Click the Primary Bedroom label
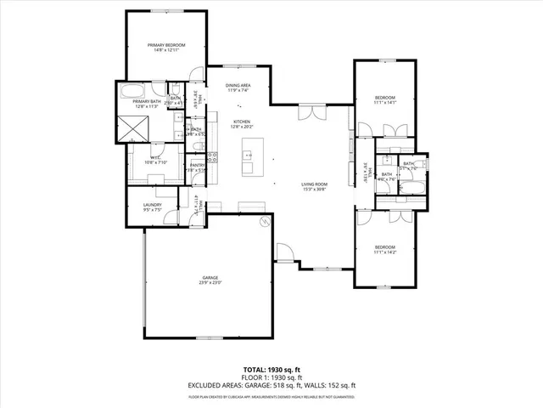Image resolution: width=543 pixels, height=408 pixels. coord(166,44)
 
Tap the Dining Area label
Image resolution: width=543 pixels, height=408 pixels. coord(238,86)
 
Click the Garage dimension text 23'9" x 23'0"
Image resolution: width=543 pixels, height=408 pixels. coord(210,282)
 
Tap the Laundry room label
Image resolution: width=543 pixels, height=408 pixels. coord(153,205)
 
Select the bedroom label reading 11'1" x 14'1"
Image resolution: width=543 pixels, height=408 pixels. coord(385,99)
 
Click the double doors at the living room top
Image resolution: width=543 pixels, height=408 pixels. coord(311,110)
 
